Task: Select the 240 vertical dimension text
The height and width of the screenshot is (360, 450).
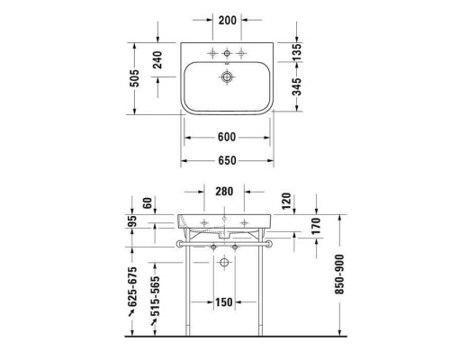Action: tap(156, 61)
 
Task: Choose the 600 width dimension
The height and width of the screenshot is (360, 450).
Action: tap(226, 137)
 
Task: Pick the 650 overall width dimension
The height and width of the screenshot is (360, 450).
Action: tap(226, 160)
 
